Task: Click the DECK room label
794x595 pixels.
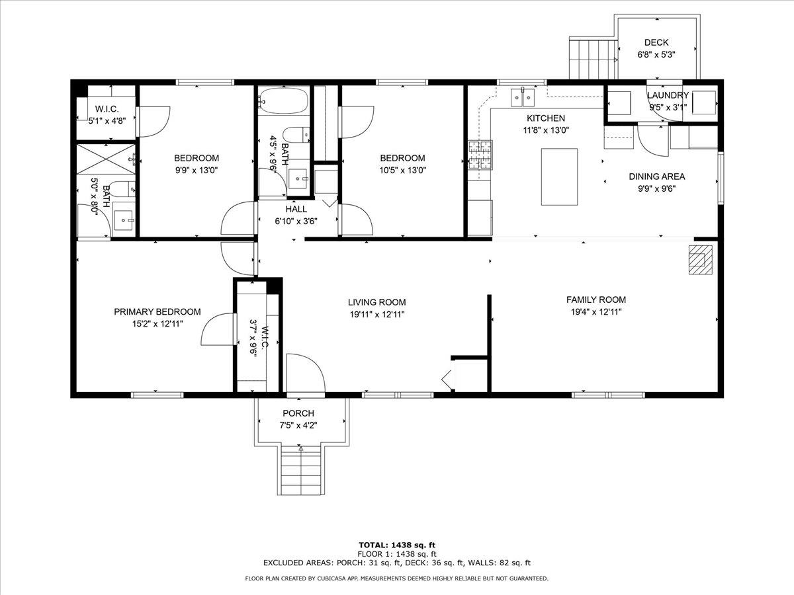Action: pyautogui.click(x=656, y=42)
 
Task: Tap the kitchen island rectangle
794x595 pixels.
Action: pyautogui.click(x=559, y=177)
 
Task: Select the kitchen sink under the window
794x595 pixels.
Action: pyautogui.click(x=523, y=98)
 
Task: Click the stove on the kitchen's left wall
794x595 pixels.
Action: pyautogui.click(x=481, y=156)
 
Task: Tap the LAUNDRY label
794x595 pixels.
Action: pyautogui.click(x=668, y=95)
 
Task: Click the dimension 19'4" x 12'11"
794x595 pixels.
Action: pyautogui.click(x=595, y=312)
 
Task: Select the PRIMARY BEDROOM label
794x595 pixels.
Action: pyautogui.click(x=157, y=312)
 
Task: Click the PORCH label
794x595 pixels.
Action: pyautogui.click(x=298, y=414)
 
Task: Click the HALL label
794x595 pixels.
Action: pyautogui.click(x=296, y=209)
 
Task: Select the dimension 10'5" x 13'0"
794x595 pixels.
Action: pyautogui.click(x=402, y=169)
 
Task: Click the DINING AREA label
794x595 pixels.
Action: pyautogui.click(x=656, y=177)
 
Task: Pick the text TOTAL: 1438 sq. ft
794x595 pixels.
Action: pyautogui.click(x=397, y=545)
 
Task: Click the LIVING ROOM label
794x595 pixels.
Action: pyautogui.click(x=376, y=302)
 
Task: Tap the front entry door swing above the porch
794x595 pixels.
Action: pyautogui.click(x=304, y=374)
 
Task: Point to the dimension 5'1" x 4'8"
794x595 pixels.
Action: pyautogui.click(x=107, y=120)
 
